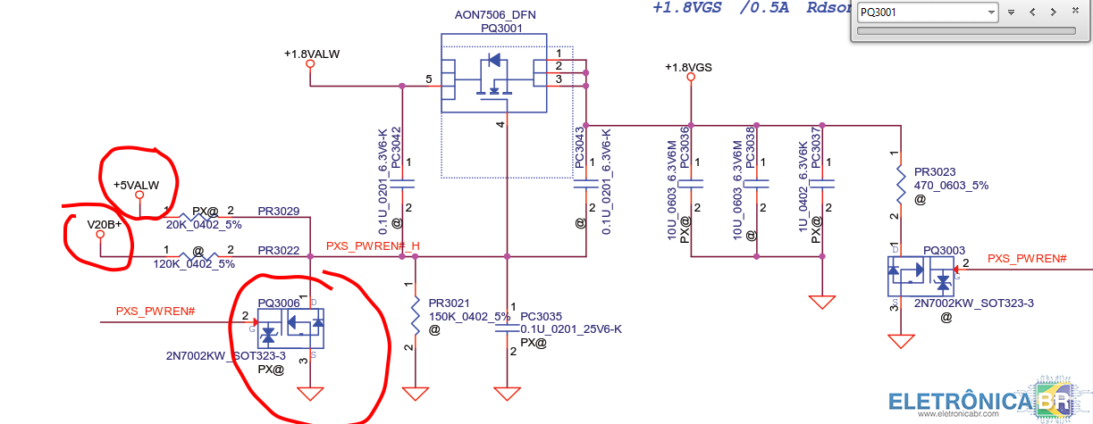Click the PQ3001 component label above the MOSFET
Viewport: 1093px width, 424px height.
coord(500,28)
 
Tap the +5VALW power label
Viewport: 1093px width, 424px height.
coord(136,185)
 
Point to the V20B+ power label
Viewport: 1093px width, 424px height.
coord(104,224)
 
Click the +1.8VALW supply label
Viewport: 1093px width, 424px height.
coord(312,54)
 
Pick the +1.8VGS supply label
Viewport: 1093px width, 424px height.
coord(688,68)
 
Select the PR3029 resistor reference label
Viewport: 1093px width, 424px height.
coord(279,212)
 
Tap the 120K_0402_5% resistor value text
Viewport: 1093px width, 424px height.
coord(194,264)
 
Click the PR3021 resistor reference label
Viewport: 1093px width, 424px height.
coord(449,303)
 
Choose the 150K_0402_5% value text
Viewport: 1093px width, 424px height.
coord(469,316)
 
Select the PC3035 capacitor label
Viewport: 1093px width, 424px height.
coord(541,316)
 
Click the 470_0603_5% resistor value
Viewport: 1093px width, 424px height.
coord(951,186)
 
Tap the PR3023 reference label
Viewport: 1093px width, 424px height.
coord(935,172)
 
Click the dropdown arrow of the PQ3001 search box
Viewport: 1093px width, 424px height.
coord(990,12)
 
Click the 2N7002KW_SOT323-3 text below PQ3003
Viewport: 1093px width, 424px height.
coord(974,303)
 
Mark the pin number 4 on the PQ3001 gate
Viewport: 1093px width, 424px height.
coord(500,125)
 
